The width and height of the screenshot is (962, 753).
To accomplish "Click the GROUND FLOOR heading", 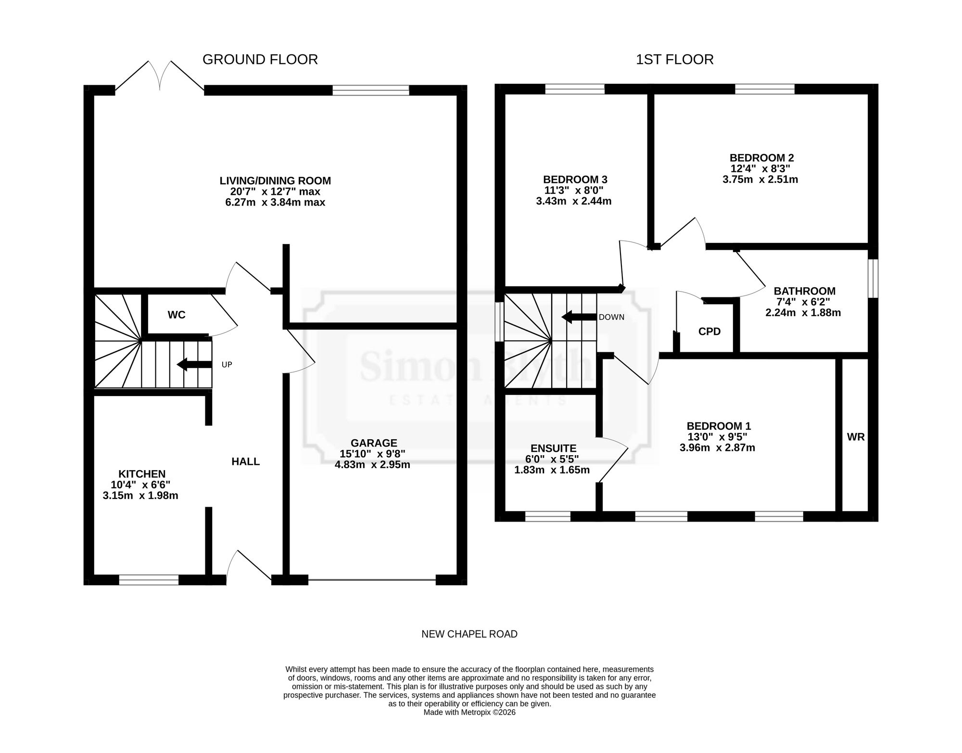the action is [x=260, y=60].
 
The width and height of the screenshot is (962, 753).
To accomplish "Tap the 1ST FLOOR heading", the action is [x=675, y=60].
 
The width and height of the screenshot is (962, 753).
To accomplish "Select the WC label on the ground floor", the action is [x=177, y=315].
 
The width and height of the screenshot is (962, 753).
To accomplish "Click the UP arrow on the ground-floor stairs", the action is [x=194, y=365].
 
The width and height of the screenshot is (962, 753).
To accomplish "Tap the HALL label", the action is [x=245, y=462].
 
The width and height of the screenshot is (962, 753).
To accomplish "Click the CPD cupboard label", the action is [x=709, y=332].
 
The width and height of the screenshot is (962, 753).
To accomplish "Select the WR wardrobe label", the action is [x=856, y=437].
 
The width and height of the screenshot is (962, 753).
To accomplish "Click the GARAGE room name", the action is [x=374, y=443].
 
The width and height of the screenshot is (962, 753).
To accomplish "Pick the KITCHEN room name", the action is [x=142, y=474].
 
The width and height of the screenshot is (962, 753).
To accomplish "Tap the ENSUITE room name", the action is [x=553, y=448].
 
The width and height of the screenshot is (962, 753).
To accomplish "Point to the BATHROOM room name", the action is [x=804, y=291].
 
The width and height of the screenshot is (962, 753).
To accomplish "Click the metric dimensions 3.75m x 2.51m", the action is [x=760, y=179].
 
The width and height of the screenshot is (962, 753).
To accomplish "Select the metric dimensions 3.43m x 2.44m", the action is [x=574, y=201].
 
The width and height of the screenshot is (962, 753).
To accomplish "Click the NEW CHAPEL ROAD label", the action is [x=469, y=634].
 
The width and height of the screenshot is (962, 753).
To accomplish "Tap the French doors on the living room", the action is [x=160, y=76].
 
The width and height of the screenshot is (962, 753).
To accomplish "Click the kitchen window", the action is [x=149, y=580].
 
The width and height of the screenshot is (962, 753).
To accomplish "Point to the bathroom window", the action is [x=873, y=279].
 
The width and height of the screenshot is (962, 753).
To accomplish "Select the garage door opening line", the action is [x=372, y=580].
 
